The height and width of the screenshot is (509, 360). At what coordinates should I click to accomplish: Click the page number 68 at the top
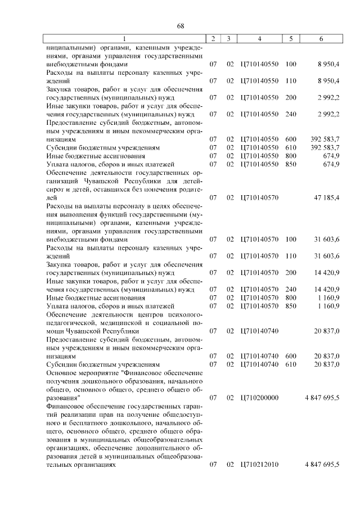click(181, 26)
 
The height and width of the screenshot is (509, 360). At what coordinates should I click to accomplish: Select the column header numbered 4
click(259, 39)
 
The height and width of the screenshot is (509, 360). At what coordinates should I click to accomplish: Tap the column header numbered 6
click(321, 39)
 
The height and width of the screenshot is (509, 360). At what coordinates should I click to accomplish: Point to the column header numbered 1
click(125, 39)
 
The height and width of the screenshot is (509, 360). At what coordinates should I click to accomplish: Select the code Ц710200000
click(259, 398)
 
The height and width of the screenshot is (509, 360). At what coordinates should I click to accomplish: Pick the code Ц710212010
click(259, 465)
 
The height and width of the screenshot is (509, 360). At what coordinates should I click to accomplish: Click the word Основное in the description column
click(63, 372)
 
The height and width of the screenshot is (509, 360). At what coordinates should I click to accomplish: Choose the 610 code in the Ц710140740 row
click(291, 364)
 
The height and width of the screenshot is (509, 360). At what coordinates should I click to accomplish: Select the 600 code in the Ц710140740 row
click(291, 355)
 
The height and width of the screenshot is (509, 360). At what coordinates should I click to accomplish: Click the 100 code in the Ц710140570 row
click(291, 239)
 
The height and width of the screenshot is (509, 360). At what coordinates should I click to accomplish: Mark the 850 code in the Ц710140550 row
click(291, 164)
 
